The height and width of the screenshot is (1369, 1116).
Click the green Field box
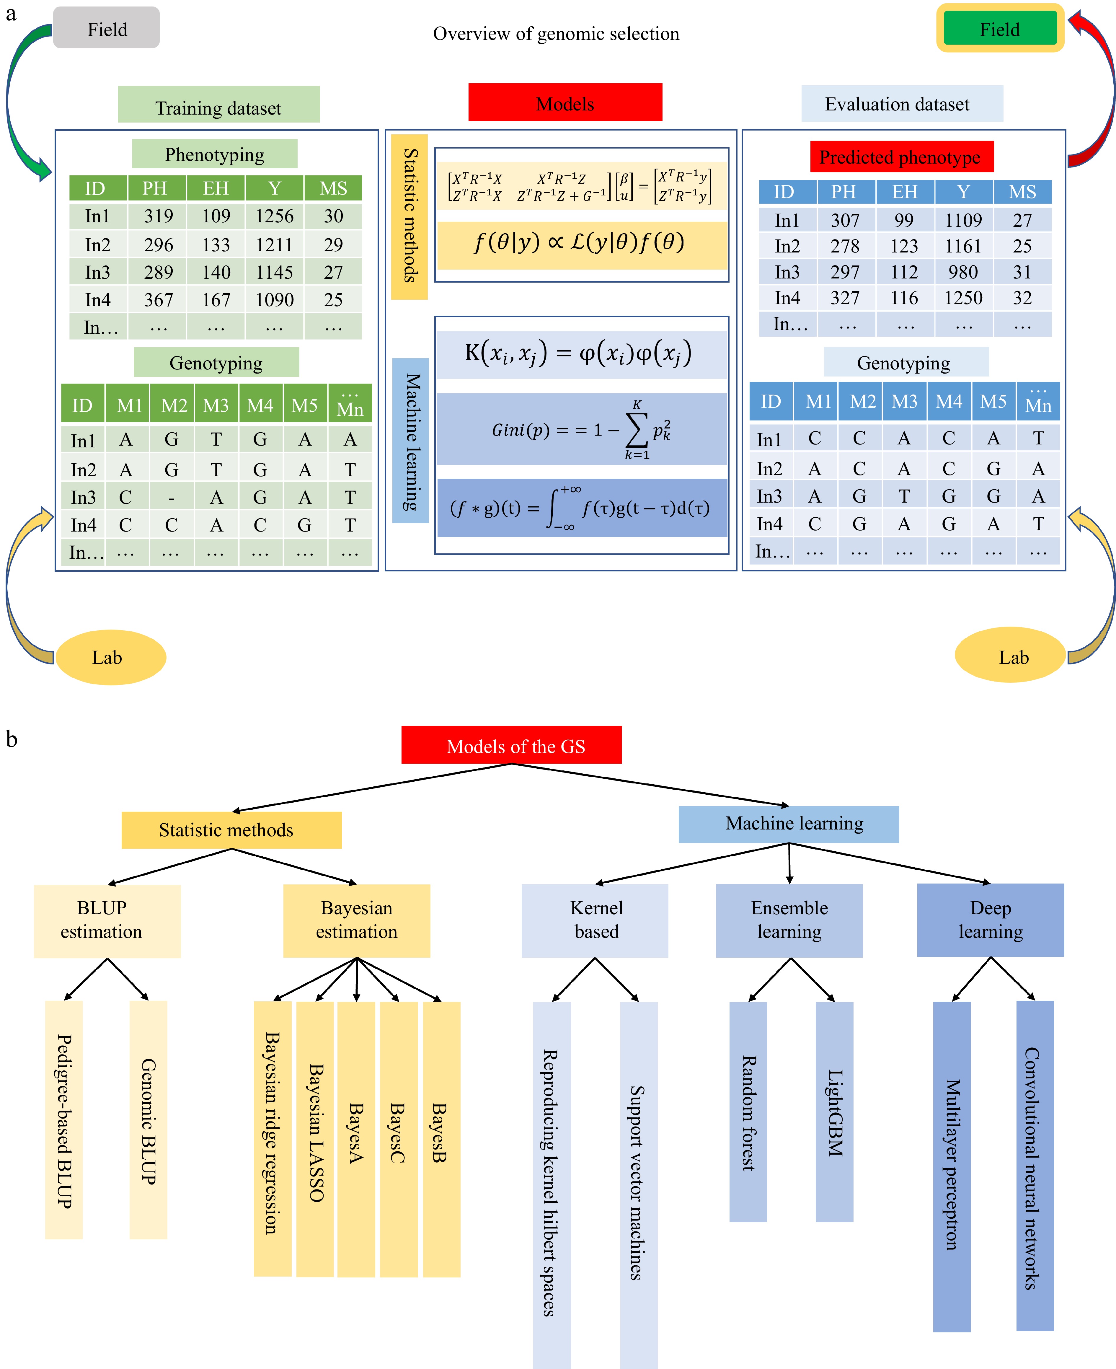tap(1000, 29)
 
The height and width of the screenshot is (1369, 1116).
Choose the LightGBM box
tap(834, 1111)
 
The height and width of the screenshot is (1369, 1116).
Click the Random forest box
tap(748, 1111)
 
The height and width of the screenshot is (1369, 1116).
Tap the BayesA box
tap(356, 1138)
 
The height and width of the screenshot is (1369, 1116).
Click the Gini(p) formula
tap(582, 430)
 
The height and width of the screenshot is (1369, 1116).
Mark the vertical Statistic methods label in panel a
tap(409, 217)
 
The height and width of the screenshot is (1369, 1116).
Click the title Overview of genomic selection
tap(556, 33)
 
